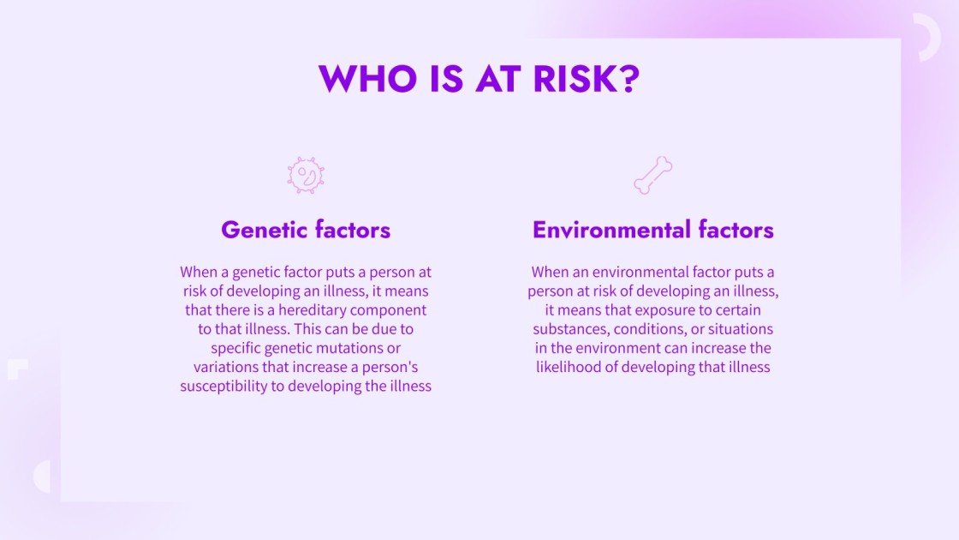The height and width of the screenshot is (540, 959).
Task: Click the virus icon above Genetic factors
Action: tap(306, 175)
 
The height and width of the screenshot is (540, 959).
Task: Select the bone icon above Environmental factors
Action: tap(652, 175)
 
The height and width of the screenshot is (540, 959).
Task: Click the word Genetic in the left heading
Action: tap(263, 230)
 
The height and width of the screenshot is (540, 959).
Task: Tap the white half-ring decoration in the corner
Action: tap(927, 37)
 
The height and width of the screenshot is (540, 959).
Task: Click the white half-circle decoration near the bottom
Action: tap(42, 477)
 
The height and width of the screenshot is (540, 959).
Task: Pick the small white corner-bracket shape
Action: tap(17, 369)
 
